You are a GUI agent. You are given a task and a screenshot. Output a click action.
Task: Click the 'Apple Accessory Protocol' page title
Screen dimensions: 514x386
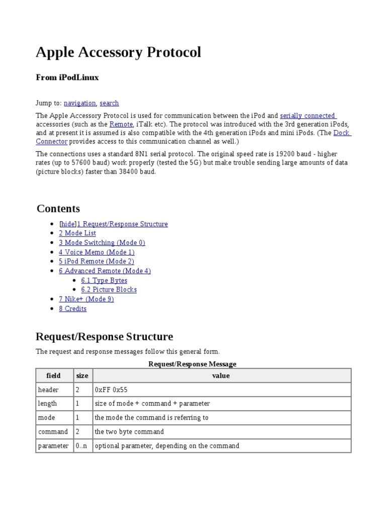118,52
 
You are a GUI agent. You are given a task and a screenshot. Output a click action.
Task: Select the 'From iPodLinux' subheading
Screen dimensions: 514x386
67,77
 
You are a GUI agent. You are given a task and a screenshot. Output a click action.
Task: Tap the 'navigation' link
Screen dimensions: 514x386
80,103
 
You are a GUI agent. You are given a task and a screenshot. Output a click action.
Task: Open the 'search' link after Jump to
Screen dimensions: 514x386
109,103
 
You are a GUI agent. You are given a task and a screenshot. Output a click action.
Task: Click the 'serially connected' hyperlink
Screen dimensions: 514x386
308,115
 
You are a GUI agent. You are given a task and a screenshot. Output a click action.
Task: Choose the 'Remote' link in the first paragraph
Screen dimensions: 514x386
121,124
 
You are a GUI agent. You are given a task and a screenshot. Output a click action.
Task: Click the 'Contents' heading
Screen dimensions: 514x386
58,208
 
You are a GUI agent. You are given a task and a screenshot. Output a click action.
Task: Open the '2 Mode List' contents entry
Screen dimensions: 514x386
77,233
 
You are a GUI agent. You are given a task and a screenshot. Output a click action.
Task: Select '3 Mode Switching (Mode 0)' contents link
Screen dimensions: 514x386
102,242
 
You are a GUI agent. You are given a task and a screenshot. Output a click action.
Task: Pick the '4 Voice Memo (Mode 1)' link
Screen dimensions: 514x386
96,252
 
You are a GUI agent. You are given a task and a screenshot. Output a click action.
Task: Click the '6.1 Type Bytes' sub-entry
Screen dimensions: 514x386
104,280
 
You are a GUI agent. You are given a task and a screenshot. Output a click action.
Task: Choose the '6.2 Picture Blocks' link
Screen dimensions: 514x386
109,290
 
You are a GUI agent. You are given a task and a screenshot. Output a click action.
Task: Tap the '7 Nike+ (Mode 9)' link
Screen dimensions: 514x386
86,299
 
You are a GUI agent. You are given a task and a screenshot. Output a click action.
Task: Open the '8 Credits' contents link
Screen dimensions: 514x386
73,309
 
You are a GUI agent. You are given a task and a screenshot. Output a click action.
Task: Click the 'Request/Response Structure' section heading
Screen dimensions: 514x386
104,336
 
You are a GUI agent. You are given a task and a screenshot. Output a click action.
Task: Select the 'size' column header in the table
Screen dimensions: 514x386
82,375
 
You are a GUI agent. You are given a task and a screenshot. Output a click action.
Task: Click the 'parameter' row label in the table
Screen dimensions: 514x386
53,446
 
